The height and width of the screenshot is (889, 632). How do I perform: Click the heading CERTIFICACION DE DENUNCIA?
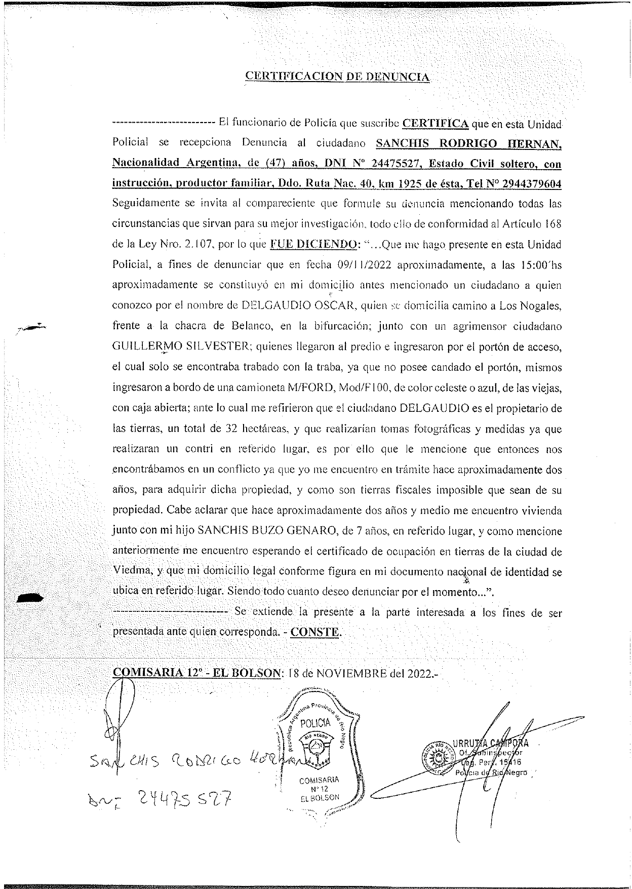(338, 76)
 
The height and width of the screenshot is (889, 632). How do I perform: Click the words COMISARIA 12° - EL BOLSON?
(196, 673)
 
